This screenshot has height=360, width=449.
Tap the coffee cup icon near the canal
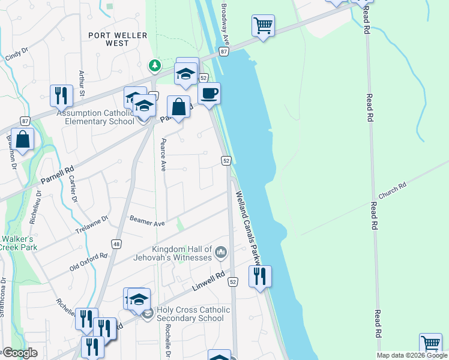click(x=209, y=94)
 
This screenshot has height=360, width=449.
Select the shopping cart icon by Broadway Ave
click(x=263, y=26)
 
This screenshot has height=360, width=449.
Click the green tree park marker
click(x=155, y=65)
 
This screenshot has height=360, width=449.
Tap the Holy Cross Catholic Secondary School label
click(x=193, y=314)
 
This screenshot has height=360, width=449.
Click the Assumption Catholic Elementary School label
click(x=95, y=117)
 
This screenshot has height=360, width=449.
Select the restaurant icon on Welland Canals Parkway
click(x=260, y=277)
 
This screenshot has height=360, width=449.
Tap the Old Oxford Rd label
click(x=88, y=262)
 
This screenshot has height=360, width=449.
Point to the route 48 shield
click(x=116, y=244)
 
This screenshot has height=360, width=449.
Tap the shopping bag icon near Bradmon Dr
click(x=22, y=140)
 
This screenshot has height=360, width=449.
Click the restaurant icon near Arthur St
click(x=61, y=96)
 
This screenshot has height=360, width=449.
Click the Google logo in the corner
click(x=20, y=353)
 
